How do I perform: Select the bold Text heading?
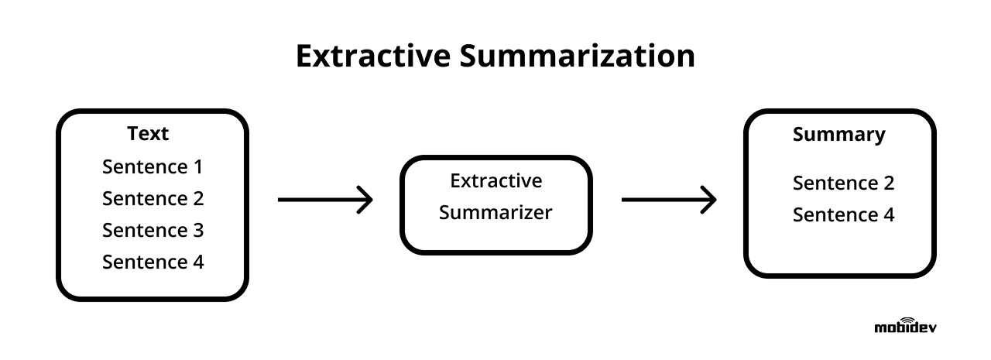[148, 134]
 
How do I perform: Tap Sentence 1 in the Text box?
[153, 166]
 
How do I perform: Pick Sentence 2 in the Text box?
[153, 198]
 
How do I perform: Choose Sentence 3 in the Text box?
[153, 230]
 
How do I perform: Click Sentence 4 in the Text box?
[153, 262]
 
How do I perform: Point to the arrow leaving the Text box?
[325, 200]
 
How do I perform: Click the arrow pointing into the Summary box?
[669, 200]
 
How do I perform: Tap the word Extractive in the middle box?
[495, 181]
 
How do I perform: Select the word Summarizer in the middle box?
[495, 213]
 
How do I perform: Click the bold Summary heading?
[838, 135]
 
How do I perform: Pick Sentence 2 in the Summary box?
[843, 183]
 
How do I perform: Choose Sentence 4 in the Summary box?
[843, 215]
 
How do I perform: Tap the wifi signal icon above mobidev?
[907, 319]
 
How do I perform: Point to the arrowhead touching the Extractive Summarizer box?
[364, 200]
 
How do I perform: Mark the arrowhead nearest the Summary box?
[708, 200]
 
